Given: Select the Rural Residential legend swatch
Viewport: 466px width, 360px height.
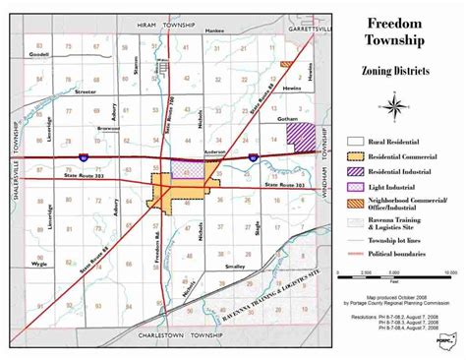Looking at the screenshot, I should (x=357, y=144).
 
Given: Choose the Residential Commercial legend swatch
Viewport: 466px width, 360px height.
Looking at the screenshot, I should (x=357, y=157).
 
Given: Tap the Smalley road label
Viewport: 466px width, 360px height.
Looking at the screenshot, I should (x=235, y=266).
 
